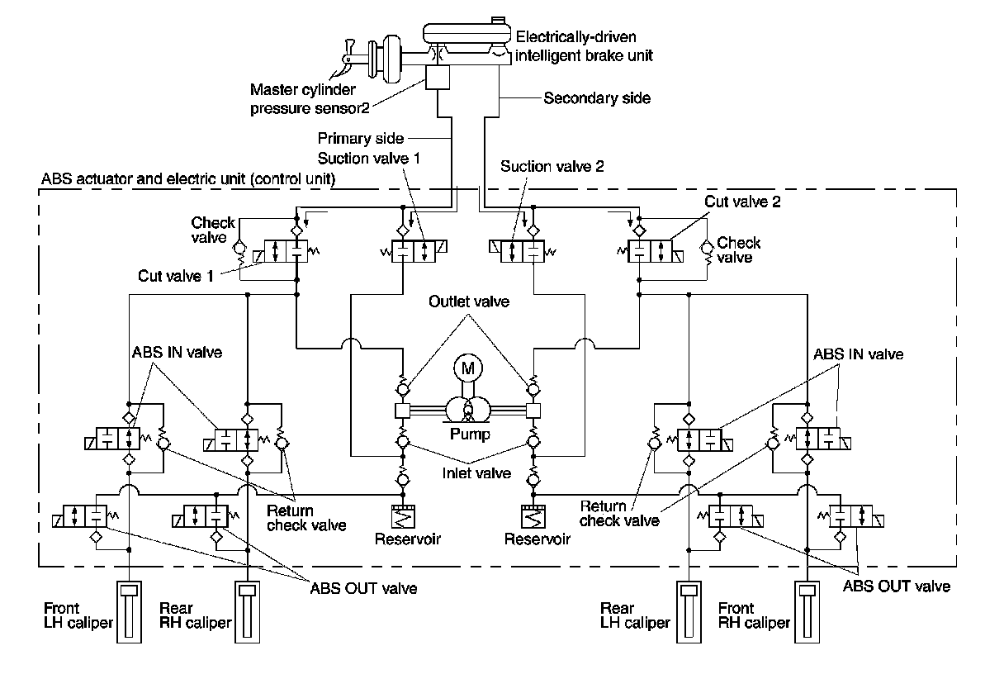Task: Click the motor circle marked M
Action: [467, 369]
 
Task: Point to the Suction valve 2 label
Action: [552, 166]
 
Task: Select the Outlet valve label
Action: [468, 302]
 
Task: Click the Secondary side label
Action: [597, 98]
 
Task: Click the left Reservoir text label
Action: [407, 539]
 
